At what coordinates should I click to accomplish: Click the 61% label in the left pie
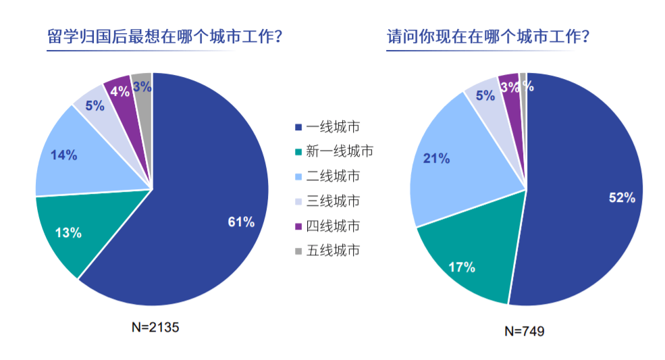click(x=240, y=222)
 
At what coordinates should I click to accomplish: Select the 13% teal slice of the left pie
click(x=68, y=233)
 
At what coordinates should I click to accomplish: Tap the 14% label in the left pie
click(x=63, y=155)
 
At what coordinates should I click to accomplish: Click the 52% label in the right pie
click(x=622, y=197)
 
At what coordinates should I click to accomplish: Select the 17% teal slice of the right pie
click(x=462, y=266)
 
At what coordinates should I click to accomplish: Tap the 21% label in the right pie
click(x=436, y=158)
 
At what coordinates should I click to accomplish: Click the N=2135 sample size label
click(x=155, y=327)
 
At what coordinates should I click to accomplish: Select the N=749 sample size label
click(x=524, y=331)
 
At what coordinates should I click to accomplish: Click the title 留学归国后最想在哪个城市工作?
click(x=165, y=36)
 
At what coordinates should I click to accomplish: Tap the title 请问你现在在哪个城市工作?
click(x=488, y=36)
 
